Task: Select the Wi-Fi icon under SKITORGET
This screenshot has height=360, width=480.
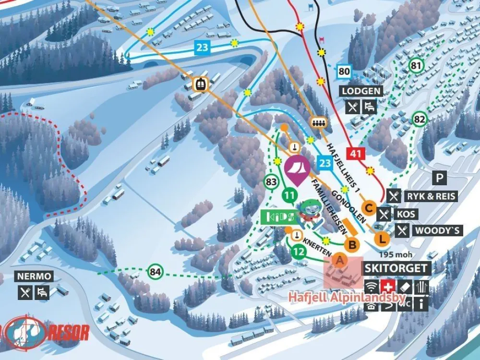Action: tap(371, 287)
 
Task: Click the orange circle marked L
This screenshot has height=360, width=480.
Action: tap(382, 238)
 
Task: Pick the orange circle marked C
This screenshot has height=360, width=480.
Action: tap(369, 208)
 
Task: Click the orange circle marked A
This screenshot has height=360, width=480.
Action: tap(339, 261)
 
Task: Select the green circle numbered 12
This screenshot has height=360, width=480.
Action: tap(298, 251)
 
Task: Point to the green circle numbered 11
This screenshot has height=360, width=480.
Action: tap(289, 195)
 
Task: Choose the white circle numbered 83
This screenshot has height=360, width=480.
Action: tap(271, 181)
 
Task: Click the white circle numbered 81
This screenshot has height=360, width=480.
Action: tap(415, 65)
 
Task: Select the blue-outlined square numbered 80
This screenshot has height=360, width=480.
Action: tap(344, 72)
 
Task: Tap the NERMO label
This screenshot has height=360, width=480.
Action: tap(34, 276)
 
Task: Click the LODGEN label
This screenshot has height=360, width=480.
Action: tap(362, 91)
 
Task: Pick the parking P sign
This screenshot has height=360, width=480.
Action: tap(439, 178)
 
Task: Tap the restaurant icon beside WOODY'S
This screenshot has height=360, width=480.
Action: tap(403, 231)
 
